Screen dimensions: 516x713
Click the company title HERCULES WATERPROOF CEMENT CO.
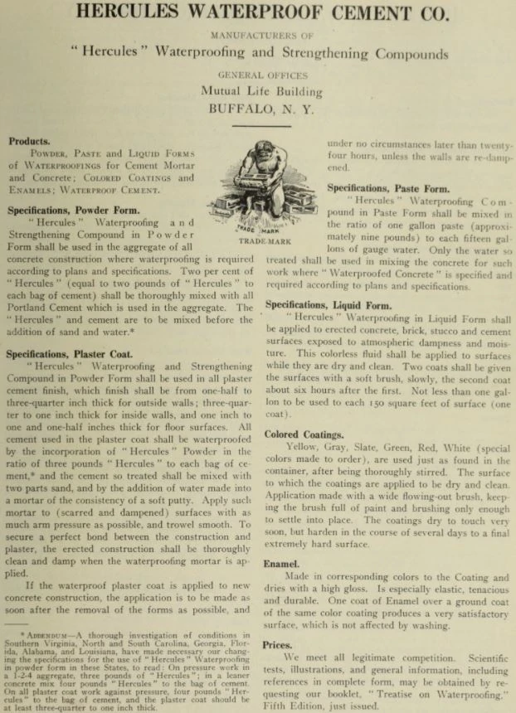[x=258, y=14]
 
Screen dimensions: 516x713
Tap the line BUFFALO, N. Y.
[x=257, y=109]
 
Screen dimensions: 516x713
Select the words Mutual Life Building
[x=260, y=91]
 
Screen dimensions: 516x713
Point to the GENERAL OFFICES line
[x=257, y=75]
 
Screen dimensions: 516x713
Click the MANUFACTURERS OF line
[x=258, y=36]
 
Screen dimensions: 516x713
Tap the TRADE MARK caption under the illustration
[x=263, y=240]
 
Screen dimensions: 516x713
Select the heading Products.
[x=29, y=141]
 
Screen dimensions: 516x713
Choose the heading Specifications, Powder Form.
[x=73, y=210]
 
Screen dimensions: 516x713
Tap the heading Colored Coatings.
[x=303, y=434]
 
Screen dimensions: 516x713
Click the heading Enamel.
[x=281, y=564]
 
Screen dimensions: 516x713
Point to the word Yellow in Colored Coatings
[x=300, y=448]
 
